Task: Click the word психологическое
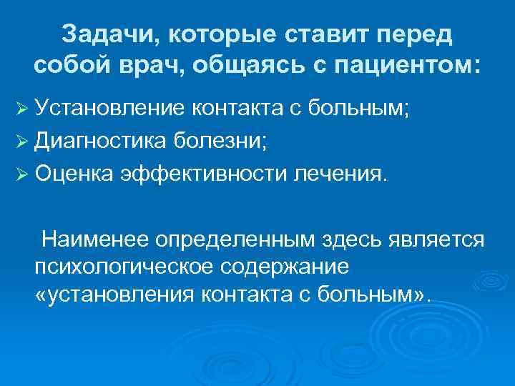(121, 266)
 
